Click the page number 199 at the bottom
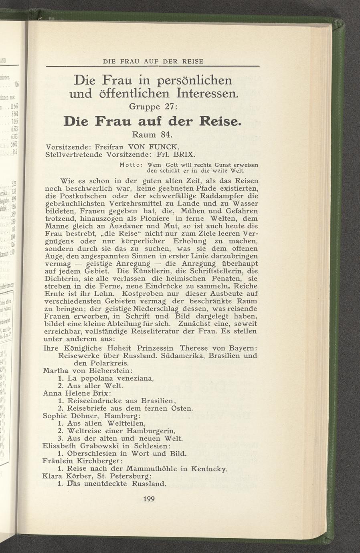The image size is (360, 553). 149,499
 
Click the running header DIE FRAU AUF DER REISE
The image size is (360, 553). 153,62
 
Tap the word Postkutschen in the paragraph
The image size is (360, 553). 82,196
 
